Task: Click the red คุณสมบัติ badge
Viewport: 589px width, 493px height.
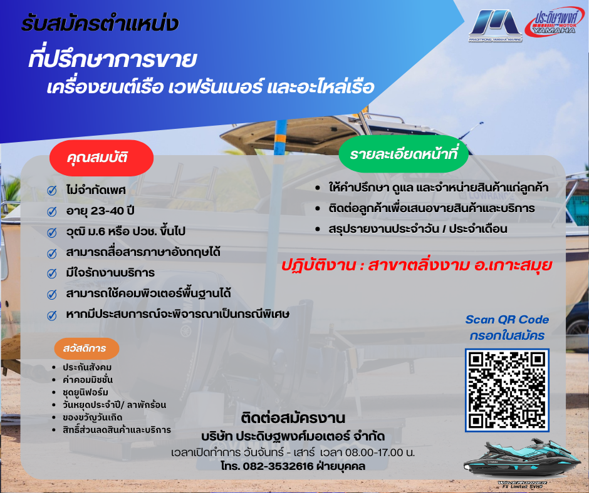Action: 102,158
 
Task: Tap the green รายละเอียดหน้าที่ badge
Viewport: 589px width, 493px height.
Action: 404,155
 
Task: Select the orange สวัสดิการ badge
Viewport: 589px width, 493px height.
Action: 86,348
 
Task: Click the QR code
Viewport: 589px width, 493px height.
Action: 507,390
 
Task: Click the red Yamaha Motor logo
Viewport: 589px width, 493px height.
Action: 555,23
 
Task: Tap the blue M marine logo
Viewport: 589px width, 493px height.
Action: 495,25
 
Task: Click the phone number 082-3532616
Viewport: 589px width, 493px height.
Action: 278,466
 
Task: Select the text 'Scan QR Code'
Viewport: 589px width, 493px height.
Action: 507,320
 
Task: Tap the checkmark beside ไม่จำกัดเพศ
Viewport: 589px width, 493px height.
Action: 52,191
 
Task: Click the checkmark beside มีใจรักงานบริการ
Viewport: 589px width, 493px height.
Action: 52,273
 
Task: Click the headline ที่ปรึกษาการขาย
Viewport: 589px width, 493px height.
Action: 113,60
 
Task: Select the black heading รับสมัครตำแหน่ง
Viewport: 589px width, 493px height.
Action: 100,24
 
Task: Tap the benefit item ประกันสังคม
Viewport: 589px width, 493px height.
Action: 87,367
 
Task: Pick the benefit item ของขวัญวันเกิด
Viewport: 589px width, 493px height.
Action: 92,417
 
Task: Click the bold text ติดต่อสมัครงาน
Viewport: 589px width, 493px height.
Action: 293,419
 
